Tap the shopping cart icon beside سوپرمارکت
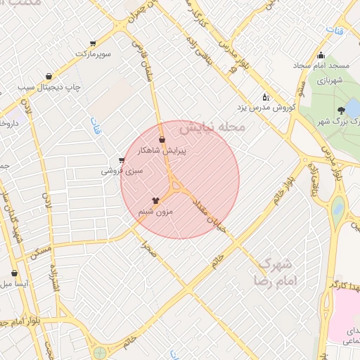click(x=93, y=44)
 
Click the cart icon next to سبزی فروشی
click(x=122, y=160)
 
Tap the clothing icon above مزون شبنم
click(x=155, y=200)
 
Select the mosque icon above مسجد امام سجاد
click(x=321, y=56)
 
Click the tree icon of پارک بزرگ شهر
click(x=341, y=110)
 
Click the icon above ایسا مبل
click(x=14, y=273)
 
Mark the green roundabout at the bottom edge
click(x=100, y=352)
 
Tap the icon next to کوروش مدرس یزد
click(x=264, y=97)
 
